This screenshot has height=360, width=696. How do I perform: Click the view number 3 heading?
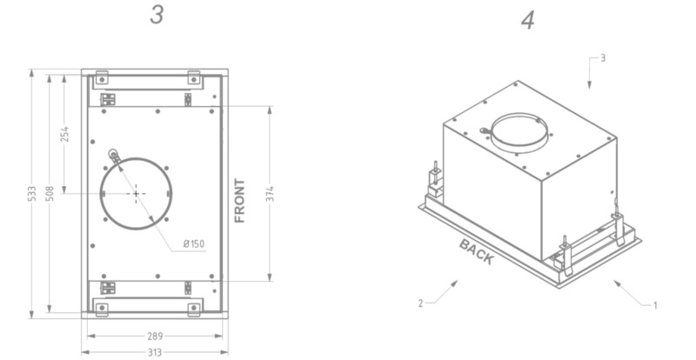pos(156,16)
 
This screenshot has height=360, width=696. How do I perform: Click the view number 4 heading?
pos(527,21)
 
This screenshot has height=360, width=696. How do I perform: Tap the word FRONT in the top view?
pos(240,201)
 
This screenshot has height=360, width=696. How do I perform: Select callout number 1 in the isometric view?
pos(655,304)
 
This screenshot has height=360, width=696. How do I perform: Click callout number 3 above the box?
pos(602,57)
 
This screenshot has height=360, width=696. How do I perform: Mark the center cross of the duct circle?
pos(136,193)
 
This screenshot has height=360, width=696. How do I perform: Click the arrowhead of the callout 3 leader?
pos(589,86)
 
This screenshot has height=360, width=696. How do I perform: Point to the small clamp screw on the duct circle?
pos(113,156)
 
